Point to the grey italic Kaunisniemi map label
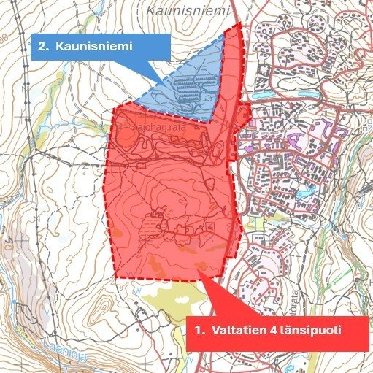(x=180, y=11)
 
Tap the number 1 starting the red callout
(x=199, y=330)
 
